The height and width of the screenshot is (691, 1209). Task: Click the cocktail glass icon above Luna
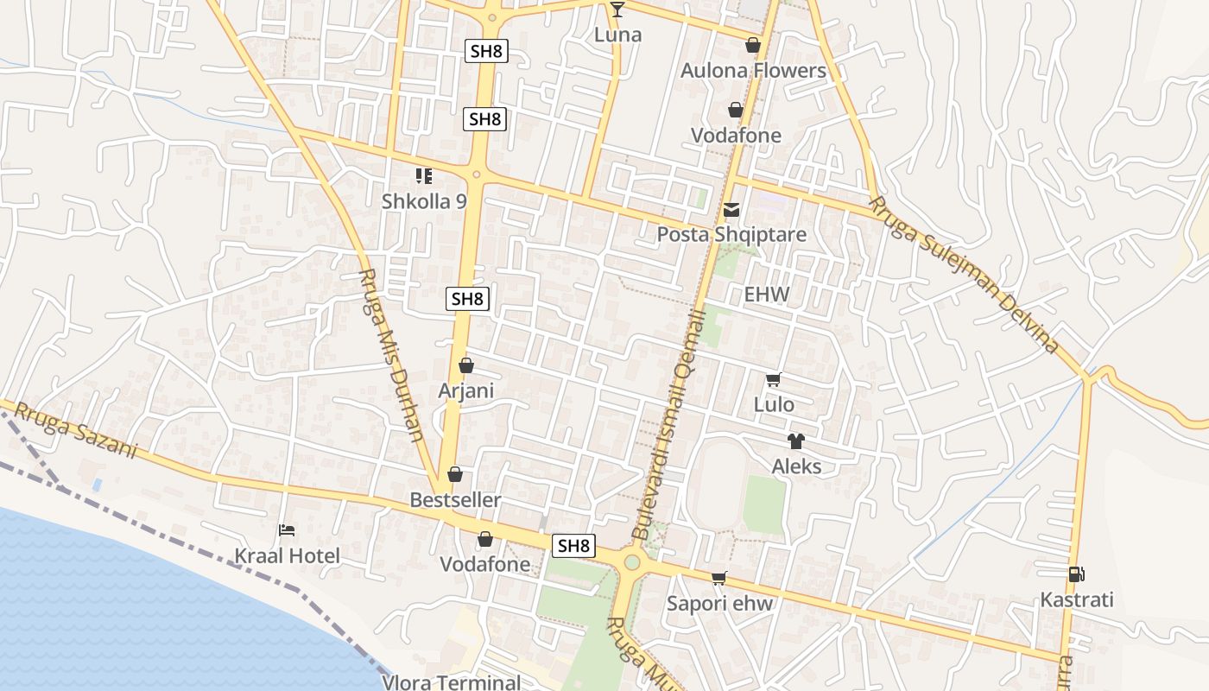(x=617, y=10)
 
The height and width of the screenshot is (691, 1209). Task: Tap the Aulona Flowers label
(x=753, y=71)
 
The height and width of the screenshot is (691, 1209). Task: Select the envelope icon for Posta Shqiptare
(x=732, y=210)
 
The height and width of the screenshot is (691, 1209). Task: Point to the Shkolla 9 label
(x=424, y=201)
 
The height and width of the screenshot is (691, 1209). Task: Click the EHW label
(x=767, y=295)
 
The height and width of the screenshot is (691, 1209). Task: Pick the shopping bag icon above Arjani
(x=466, y=365)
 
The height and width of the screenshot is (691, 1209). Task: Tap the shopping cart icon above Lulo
(x=774, y=380)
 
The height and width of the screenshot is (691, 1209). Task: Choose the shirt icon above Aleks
(x=795, y=441)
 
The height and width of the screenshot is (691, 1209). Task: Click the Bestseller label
(x=455, y=500)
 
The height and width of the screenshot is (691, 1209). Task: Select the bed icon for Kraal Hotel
(x=287, y=530)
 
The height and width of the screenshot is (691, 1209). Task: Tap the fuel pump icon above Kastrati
(x=1076, y=574)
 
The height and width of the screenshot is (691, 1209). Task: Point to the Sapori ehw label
(x=719, y=603)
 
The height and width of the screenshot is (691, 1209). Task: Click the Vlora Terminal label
(x=452, y=682)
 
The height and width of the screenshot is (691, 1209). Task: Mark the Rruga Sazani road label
(x=76, y=430)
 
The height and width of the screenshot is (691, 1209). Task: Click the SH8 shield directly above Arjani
(x=467, y=299)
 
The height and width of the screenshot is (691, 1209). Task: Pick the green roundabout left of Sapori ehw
(x=632, y=563)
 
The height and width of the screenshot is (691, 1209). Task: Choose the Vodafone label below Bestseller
(x=485, y=564)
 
